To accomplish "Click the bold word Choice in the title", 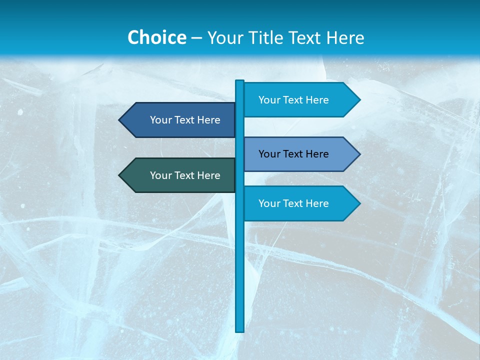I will coord(156,37).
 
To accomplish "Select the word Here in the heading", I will coord(345,37).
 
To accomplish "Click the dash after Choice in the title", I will coord(196,38).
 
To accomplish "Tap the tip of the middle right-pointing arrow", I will coord(359,154).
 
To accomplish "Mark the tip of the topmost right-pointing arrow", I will coord(359,99).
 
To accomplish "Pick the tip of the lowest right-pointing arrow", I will coord(359,203).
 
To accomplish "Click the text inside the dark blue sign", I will coord(185,120).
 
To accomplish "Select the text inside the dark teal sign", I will coord(185,175).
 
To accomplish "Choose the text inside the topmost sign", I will coord(293,100).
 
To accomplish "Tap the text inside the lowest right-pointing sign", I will coord(293,203).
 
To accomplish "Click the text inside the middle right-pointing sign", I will coord(293,154).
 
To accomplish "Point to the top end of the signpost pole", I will coord(240,81).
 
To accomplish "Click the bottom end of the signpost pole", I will coord(240,330).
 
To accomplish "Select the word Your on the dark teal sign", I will coord(160,175).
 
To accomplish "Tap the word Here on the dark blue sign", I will coord(208,120).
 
